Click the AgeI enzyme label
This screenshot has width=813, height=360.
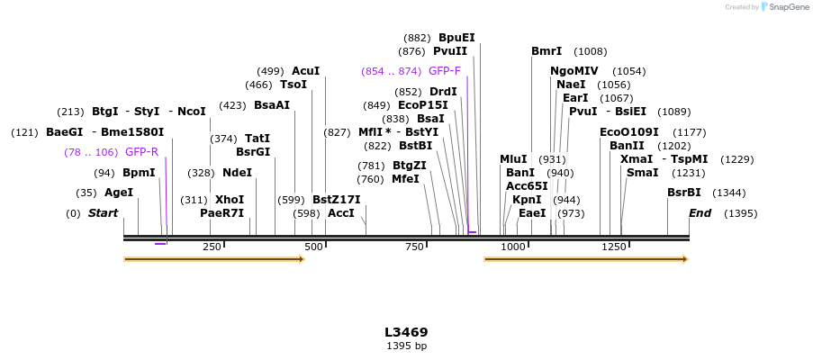[119, 193]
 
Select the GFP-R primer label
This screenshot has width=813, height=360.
[141, 152]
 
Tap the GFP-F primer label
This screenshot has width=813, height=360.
[445, 71]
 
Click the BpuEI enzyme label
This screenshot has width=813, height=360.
[456, 38]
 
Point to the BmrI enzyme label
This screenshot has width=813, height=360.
[547, 51]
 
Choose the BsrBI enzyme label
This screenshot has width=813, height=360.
[684, 193]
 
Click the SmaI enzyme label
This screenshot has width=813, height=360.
[642, 173]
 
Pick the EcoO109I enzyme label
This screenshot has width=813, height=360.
[629, 132]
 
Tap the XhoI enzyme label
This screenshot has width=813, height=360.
[230, 200]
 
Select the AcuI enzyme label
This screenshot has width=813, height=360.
[306, 71]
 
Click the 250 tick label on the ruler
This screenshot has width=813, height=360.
[212, 247]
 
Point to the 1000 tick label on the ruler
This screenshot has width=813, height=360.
[513, 247]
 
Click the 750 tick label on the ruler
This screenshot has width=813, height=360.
[414, 247]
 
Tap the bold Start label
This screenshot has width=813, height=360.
[103, 213]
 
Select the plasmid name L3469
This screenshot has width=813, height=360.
[406, 332]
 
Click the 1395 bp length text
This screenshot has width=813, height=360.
[406, 346]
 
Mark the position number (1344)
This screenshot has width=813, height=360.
[729, 193]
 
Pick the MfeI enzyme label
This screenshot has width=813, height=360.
[405, 179]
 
